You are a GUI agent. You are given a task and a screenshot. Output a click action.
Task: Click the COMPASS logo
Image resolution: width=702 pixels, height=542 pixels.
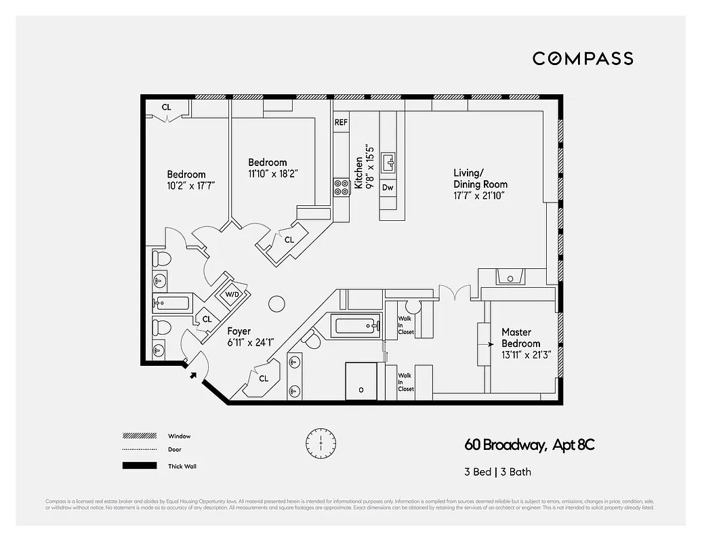(583, 58)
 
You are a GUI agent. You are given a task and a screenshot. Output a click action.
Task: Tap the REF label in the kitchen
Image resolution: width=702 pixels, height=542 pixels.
(341, 123)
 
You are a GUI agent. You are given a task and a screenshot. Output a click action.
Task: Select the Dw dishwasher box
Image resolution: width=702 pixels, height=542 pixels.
(388, 187)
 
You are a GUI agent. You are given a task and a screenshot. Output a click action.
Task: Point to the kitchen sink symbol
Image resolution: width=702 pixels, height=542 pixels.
(388, 162)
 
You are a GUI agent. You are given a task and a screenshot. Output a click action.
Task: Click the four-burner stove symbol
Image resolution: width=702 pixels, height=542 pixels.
(341, 187)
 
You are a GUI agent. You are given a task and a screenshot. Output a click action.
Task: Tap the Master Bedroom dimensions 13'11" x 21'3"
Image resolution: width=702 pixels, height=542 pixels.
(526, 354)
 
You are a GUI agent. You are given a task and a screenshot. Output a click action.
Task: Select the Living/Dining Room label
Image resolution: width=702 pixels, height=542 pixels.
(480, 178)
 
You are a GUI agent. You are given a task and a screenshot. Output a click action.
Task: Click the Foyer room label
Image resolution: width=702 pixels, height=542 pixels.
(239, 331)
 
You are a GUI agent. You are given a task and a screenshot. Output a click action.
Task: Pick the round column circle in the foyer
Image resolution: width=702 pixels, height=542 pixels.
(276, 303)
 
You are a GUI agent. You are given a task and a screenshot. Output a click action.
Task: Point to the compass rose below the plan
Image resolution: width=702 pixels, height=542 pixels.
(316, 443)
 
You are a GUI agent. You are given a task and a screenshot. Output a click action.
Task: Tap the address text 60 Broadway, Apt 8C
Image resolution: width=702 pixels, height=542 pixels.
(529, 445)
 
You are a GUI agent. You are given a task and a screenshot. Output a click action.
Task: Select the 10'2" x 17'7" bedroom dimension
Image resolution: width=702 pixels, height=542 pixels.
(186, 185)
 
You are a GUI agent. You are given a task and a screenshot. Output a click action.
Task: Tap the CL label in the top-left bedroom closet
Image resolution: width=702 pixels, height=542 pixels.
(166, 107)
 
